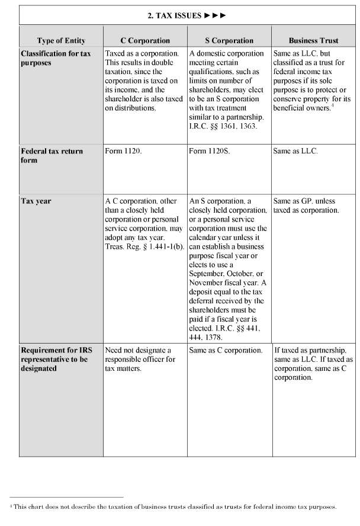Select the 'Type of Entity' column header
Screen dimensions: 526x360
tap(61, 41)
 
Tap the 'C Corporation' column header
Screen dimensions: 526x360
tap(145, 41)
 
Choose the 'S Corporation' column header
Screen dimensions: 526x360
tap(229, 41)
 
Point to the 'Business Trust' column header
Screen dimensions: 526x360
tap(313, 41)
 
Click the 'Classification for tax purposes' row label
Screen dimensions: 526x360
tap(56, 57)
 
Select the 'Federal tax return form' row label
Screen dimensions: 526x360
tap(52, 155)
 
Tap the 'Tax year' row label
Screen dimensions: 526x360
tap(36, 201)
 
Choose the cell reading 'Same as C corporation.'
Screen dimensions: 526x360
tap(226, 350)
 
